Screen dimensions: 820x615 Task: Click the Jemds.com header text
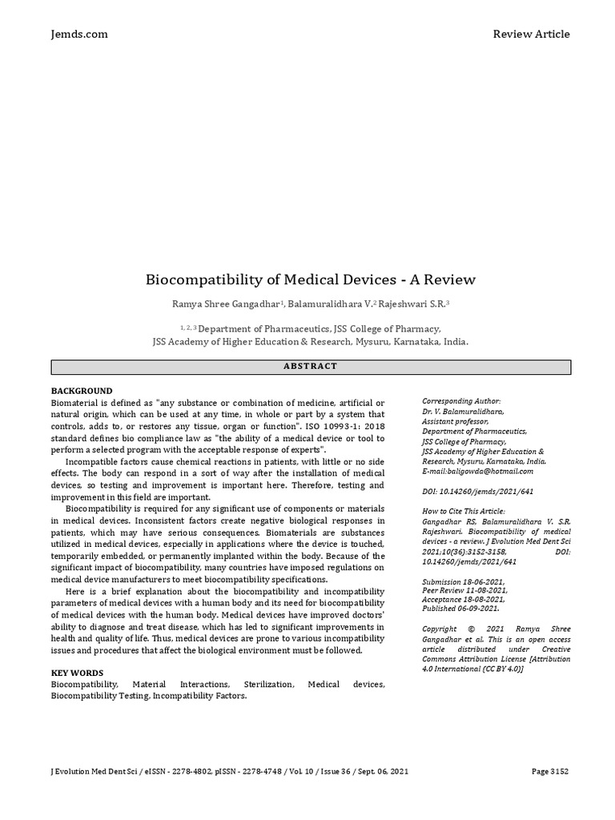coord(79,34)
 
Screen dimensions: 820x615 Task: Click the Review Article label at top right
coord(531,34)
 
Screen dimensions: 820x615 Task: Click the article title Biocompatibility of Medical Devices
coord(310,279)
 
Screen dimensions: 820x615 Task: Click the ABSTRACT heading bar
coord(311,367)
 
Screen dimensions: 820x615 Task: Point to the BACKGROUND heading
coord(82,391)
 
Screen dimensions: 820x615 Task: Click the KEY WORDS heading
coord(77,673)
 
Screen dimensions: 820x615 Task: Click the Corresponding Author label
coord(461,400)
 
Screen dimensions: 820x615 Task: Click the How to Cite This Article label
coord(464,510)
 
